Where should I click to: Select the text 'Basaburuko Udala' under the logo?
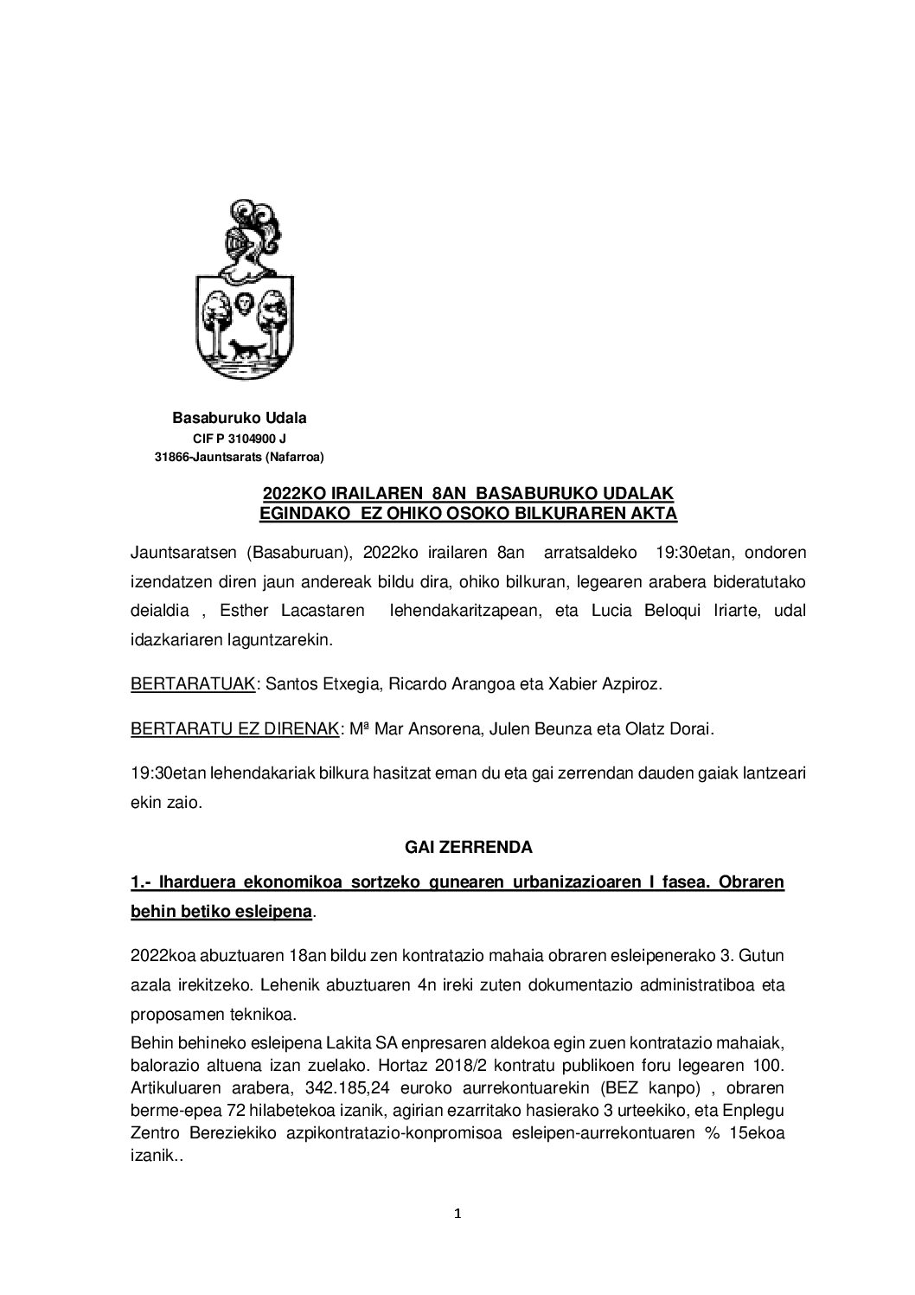coord(240,419)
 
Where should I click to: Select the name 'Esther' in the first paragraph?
coord(246,612)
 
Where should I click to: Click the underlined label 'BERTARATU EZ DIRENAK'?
coord(234,729)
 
